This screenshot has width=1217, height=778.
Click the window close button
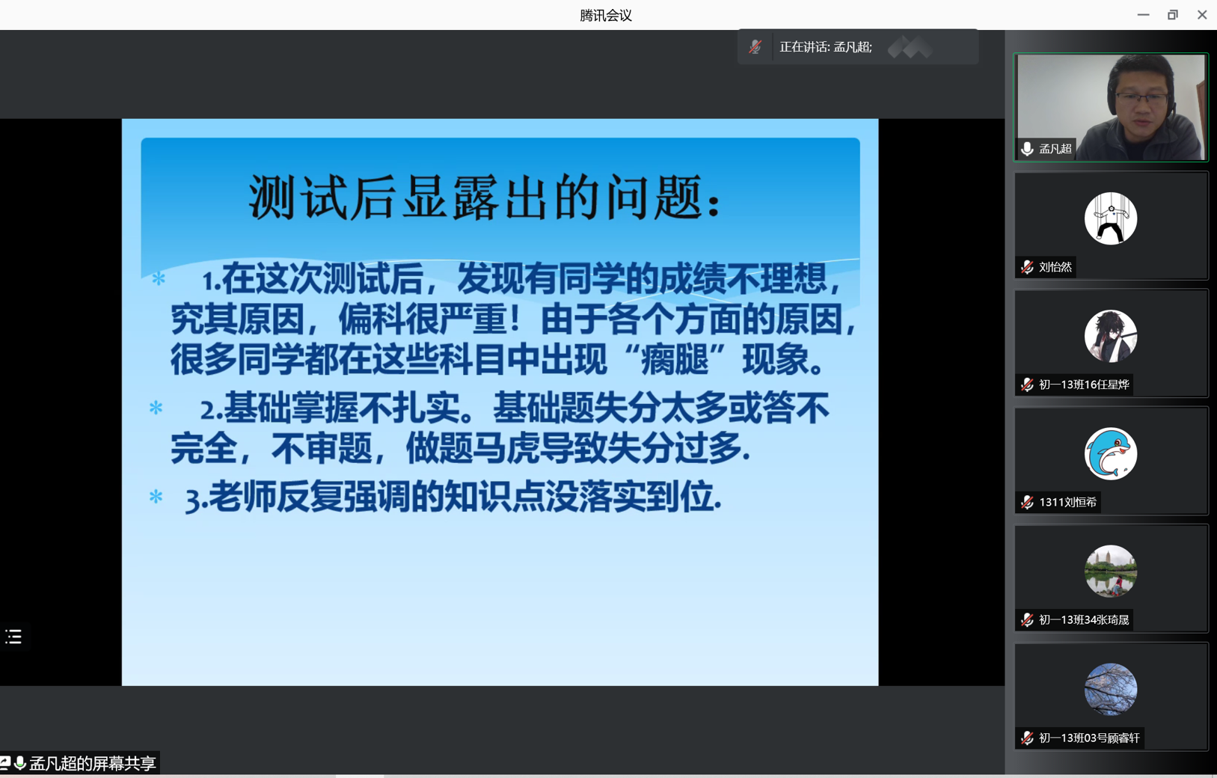[1202, 15]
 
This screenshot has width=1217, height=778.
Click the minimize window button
[1143, 15]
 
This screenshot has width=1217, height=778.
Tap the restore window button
[1172, 15]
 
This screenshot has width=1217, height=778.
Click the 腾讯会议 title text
[606, 15]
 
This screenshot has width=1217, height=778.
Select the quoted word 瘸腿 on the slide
[675, 360]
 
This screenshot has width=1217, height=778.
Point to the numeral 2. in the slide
[212, 410]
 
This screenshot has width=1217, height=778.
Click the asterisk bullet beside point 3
[156, 497]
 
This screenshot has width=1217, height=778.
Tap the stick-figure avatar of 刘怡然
[1111, 218]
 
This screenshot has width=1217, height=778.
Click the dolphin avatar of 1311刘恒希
[1111, 453]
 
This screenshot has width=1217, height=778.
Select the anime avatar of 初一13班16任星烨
[1111, 336]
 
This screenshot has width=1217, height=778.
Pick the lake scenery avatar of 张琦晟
[1111, 571]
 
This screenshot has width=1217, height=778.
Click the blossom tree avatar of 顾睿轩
[1111, 689]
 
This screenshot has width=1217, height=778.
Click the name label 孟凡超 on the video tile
[1055, 149]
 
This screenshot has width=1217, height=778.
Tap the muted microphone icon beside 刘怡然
[1027, 267]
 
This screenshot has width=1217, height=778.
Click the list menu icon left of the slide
[13, 636]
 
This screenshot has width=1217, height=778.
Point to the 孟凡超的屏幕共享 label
[92, 763]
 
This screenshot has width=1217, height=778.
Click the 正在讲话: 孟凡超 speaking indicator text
[826, 47]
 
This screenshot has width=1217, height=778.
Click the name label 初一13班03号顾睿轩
[1089, 738]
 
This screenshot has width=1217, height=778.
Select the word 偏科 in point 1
[373, 319]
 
